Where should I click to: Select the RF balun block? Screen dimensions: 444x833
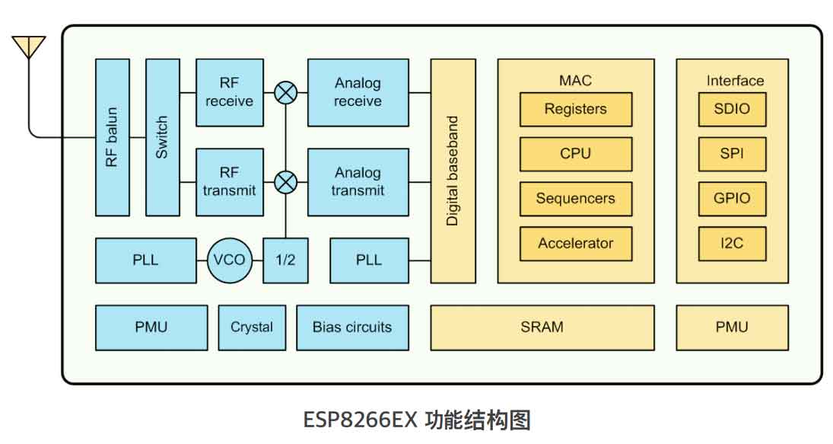click(113, 137)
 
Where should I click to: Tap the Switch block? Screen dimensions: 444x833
click(162, 137)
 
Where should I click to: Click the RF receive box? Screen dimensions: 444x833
click(230, 92)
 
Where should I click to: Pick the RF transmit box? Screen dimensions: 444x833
click(230, 182)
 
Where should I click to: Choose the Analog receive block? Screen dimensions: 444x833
click(358, 92)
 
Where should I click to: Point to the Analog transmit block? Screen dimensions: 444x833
click(358, 182)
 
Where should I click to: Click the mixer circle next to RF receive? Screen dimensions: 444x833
click(286, 93)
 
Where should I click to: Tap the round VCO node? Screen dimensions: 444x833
click(229, 260)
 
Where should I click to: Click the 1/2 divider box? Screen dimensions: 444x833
click(285, 260)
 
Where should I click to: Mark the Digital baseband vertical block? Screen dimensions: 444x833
click(453, 171)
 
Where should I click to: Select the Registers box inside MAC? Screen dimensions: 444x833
click(575, 110)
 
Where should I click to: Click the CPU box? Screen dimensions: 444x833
click(575, 154)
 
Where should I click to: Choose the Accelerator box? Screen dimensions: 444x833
click(575, 244)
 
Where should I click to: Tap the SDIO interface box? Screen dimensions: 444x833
click(732, 110)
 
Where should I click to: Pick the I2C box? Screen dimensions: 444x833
click(732, 244)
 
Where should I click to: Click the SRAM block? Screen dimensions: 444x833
click(542, 327)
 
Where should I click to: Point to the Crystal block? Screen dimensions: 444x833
click(252, 327)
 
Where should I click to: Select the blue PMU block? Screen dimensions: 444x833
click(151, 327)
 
